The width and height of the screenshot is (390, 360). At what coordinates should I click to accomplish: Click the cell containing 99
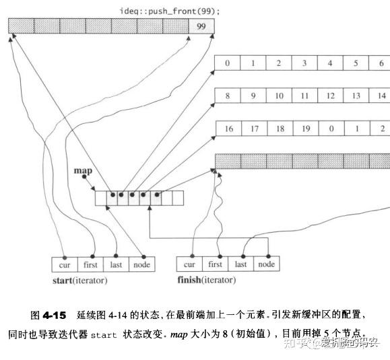click(x=201, y=26)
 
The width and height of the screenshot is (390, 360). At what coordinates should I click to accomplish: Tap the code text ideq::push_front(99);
click(x=170, y=11)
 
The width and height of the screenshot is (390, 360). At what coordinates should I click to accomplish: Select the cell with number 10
click(x=279, y=96)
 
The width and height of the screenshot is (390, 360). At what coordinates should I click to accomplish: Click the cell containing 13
click(x=356, y=96)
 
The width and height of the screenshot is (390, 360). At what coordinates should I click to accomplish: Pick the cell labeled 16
click(x=228, y=129)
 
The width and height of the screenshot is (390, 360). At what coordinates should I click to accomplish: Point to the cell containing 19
click(x=306, y=129)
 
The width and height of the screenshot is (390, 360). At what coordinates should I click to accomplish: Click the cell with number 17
click(x=254, y=129)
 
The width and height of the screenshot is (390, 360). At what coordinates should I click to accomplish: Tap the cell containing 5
click(x=356, y=63)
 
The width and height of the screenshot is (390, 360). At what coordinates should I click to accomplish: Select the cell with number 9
click(x=253, y=96)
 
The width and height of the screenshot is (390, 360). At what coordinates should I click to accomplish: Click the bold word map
click(x=83, y=171)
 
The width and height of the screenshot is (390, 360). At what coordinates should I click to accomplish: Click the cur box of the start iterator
click(x=65, y=264)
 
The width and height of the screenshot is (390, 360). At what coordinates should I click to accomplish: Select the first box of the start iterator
click(x=90, y=264)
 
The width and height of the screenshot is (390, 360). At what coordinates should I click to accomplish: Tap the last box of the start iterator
click(x=116, y=264)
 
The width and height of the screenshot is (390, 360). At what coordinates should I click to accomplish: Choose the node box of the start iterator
click(x=142, y=264)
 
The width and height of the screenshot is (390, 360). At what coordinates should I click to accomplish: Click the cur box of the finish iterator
click(x=189, y=264)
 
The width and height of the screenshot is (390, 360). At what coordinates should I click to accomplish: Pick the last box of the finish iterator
click(x=240, y=264)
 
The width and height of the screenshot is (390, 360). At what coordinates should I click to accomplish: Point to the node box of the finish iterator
click(x=267, y=264)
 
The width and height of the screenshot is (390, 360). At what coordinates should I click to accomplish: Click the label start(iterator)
click(x=80, y=281)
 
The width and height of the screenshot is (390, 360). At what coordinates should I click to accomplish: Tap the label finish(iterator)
click(x=207, y=280)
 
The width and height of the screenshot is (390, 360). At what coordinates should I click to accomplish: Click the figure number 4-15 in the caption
click(x=54, y=316)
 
